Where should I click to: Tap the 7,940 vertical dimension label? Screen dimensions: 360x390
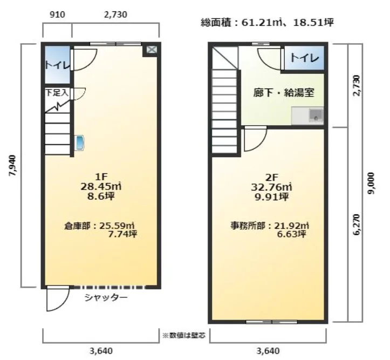point(13,166)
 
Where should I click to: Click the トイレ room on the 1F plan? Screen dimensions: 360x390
point(57,65)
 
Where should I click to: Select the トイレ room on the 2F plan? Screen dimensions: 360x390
point(304,58)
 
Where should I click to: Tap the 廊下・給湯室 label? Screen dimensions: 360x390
point(284,92)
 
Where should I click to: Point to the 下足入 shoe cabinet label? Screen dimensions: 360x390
point(56,93)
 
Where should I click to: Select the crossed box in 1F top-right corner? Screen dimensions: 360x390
point(151,50)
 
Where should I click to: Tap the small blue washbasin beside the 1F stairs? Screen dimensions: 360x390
point(80,143)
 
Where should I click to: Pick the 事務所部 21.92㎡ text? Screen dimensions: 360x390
point(268,229)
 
